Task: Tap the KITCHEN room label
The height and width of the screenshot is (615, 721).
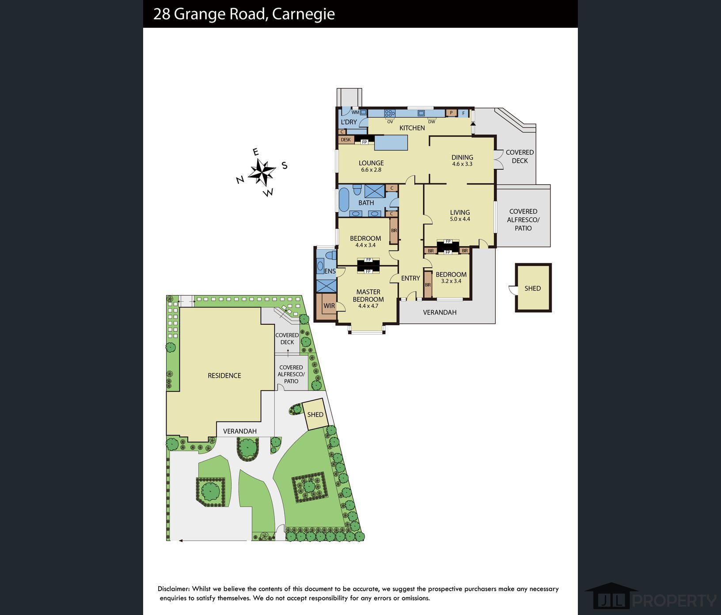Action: pyautogui.click(x=412, y=128)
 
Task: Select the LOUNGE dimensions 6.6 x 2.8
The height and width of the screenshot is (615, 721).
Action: pyautogui.click(x=371, y=170)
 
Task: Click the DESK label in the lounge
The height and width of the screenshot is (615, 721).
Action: pyautogui.click(x=345, y=140)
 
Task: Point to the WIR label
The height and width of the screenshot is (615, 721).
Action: pyautogui.click(x=329, y=306)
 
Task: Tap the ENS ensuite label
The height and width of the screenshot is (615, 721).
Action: pyautogui.click(x=330, y=271)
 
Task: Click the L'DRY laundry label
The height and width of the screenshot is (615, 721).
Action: pyautogui.click(x=349, y=122)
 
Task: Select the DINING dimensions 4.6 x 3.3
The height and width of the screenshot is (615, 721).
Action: pyautogui.click(x=462, y=164)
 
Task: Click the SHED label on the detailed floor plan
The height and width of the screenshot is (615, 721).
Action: pyautogui.click(x=532, y=289)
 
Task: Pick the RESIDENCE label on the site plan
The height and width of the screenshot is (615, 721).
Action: pyautogui.click(x=224, y=376)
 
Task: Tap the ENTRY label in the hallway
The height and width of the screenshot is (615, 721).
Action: pyautogui.click(x=410, y=278)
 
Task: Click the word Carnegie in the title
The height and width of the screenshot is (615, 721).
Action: pyautogui.click(x=304, y=14)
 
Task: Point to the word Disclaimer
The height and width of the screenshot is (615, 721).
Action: pyautogui.click(x=174, y=589)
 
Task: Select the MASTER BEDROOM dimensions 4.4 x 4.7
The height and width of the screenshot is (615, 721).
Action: pyautogui.click(x=368, y=306)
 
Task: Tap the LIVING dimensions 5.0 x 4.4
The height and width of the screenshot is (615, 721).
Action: pyautogui.click(x=460, y=219)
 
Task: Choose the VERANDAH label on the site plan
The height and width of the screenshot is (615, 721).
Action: pyautogui.click(x=240, y=431)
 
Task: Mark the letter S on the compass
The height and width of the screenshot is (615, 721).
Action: pyautogui.click(x=285, y=166)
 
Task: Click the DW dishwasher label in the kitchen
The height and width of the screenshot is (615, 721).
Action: pyautogui.click(x=432, y=122)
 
